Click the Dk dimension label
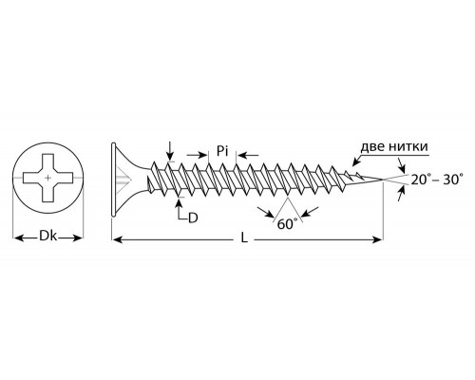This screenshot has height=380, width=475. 47,237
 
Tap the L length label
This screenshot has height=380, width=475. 243,237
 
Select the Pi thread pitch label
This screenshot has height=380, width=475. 222,151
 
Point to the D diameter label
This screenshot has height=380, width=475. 193,218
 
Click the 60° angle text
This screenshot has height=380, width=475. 287,224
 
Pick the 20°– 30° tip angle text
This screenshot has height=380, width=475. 437,180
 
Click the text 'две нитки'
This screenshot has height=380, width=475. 394,147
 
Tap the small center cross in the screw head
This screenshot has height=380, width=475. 47,178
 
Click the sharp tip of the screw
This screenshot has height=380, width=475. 383,180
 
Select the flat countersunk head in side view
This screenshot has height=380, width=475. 114,180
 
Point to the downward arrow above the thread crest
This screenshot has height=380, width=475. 170,151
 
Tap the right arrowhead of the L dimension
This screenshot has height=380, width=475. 377,240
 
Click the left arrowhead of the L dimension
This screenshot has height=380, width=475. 117,240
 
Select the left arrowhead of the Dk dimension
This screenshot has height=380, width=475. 18,237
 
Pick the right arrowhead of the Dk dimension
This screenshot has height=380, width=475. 77,237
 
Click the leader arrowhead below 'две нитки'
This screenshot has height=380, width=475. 356,162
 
